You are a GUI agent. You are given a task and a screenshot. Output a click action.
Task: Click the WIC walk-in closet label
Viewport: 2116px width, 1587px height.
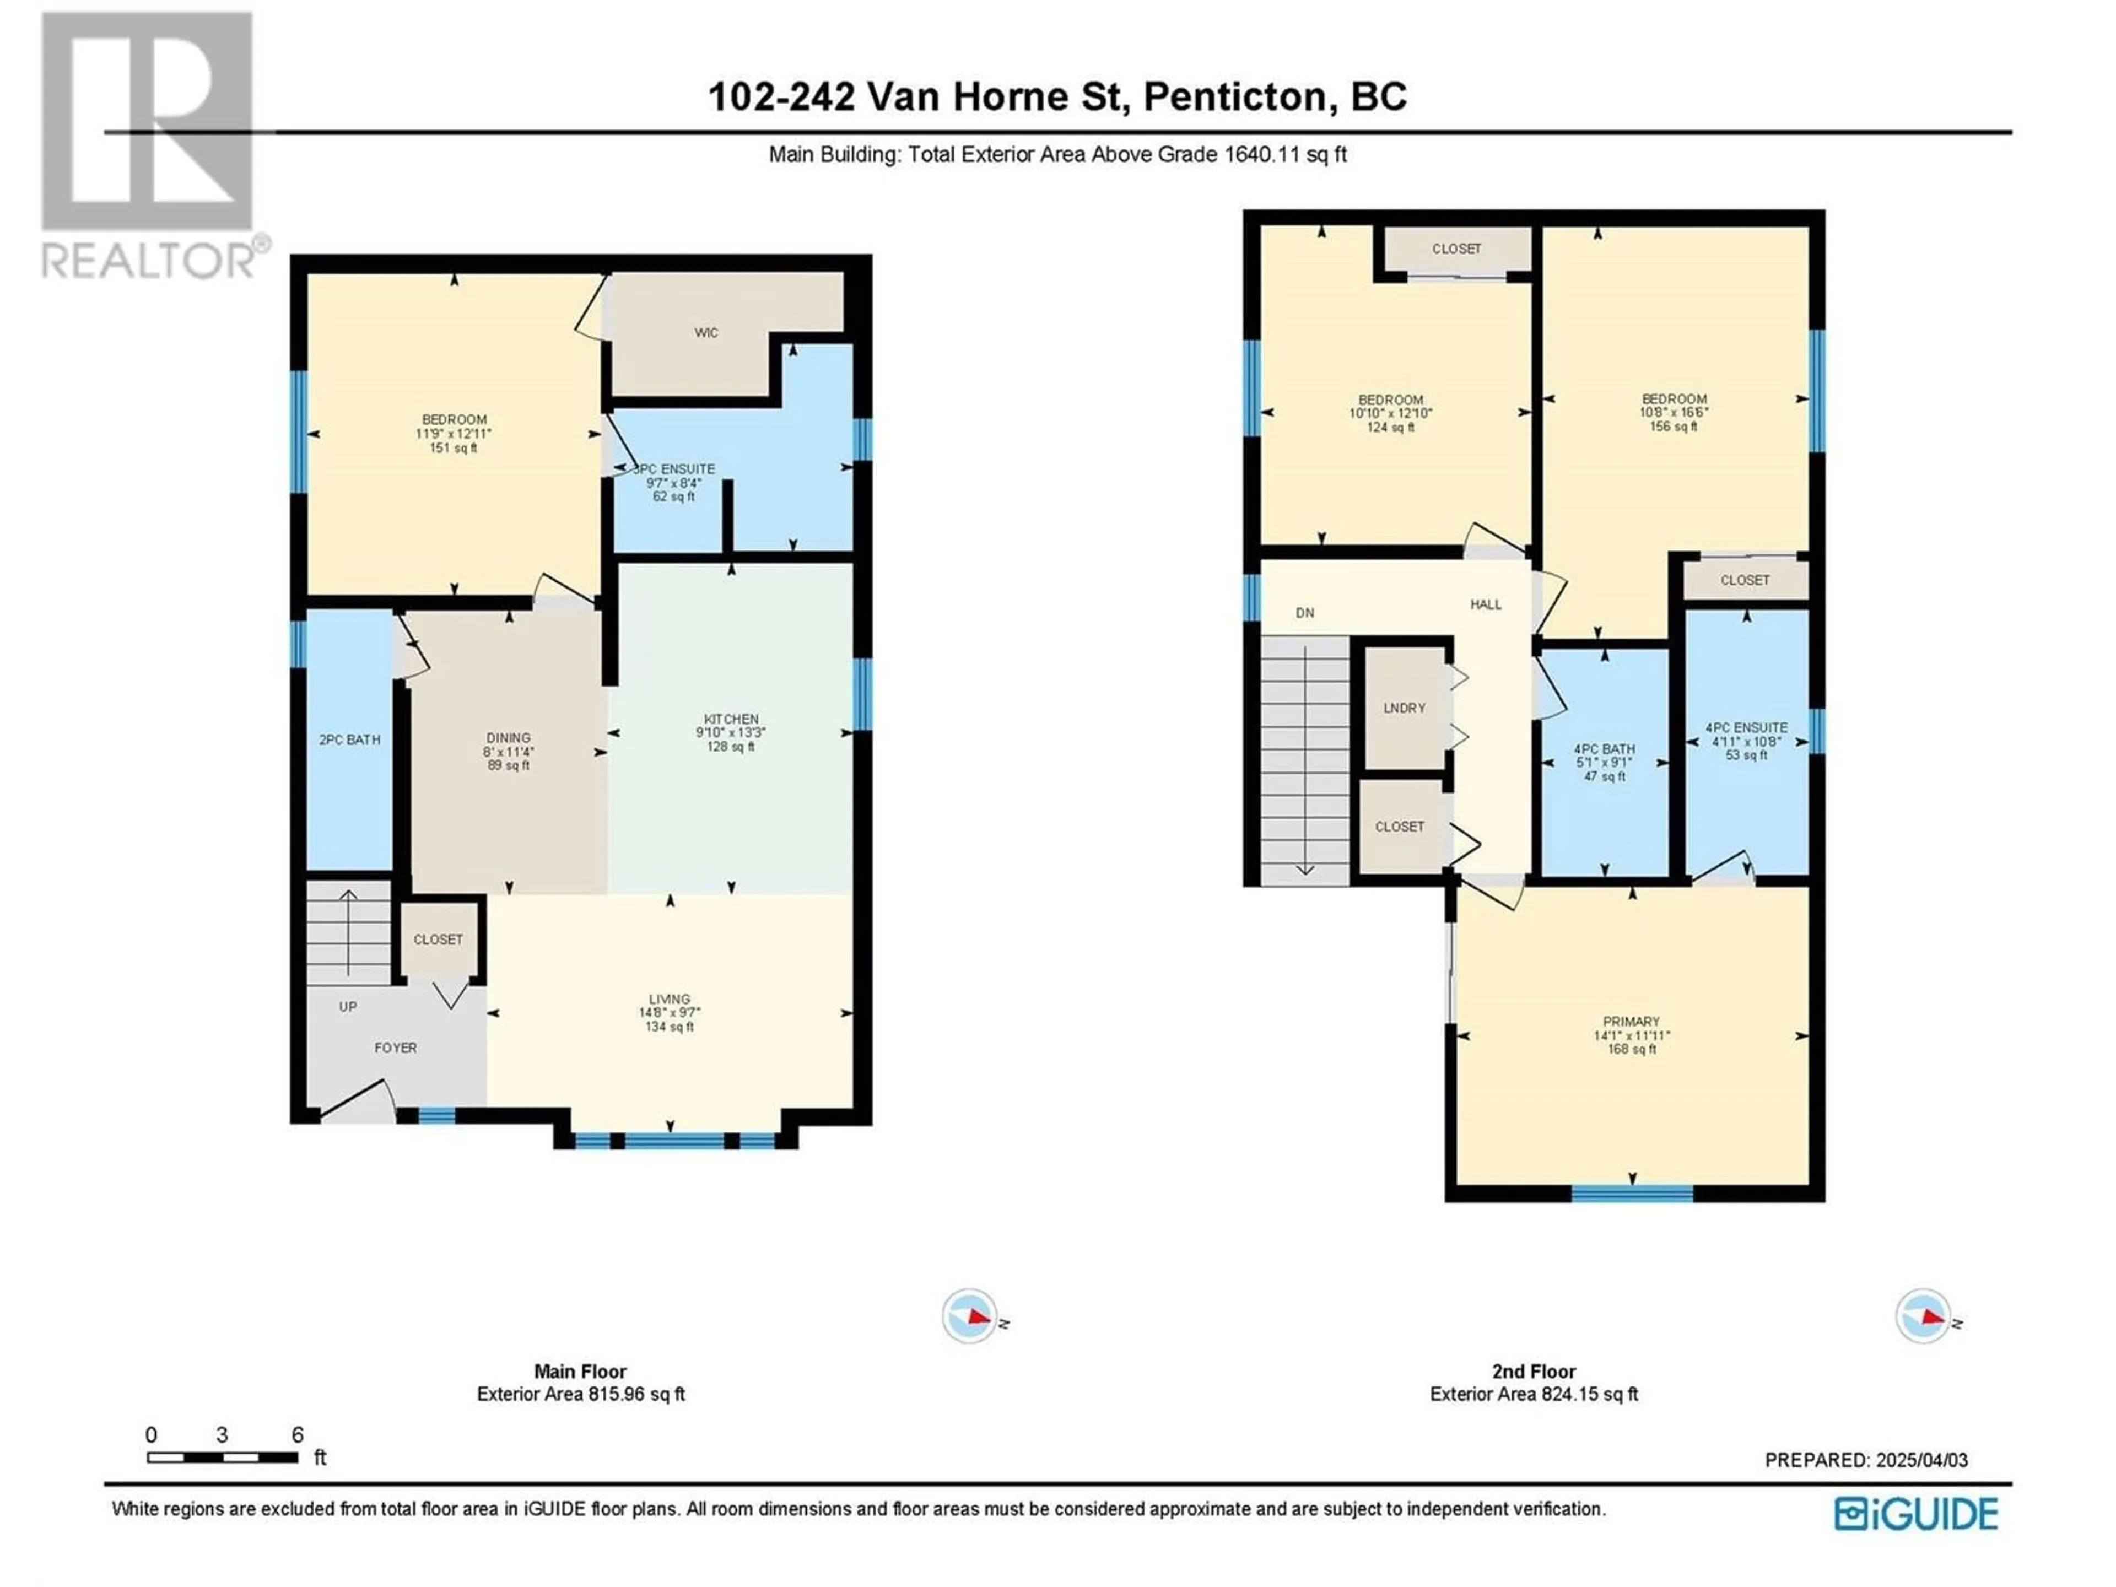[x=706, y=333]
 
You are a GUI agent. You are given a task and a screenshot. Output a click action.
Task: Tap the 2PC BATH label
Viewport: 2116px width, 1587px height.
[x=349, y=739]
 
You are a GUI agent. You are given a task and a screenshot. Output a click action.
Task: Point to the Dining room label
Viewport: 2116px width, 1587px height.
[x=508, y=751]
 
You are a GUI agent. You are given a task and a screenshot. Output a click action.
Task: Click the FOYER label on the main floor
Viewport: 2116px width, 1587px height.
[x=395, y=1048]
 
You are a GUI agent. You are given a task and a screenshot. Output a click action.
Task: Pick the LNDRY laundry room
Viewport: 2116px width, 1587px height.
[x=1404, y=708]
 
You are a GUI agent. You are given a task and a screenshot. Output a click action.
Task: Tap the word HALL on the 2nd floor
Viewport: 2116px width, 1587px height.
[x=1486, y=604]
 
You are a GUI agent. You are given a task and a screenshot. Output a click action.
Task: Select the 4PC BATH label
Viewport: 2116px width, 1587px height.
[x=1605, y=763]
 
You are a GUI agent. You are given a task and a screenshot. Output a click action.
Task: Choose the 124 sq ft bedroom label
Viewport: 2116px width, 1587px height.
[x=1391, y=413]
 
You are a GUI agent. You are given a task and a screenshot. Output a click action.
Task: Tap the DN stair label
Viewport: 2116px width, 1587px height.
[x=1305, y=613]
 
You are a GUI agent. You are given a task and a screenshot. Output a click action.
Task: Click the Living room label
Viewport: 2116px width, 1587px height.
[x=670, y=1013]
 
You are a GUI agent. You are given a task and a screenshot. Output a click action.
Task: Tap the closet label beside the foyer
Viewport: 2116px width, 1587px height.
[x=438, y=940]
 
